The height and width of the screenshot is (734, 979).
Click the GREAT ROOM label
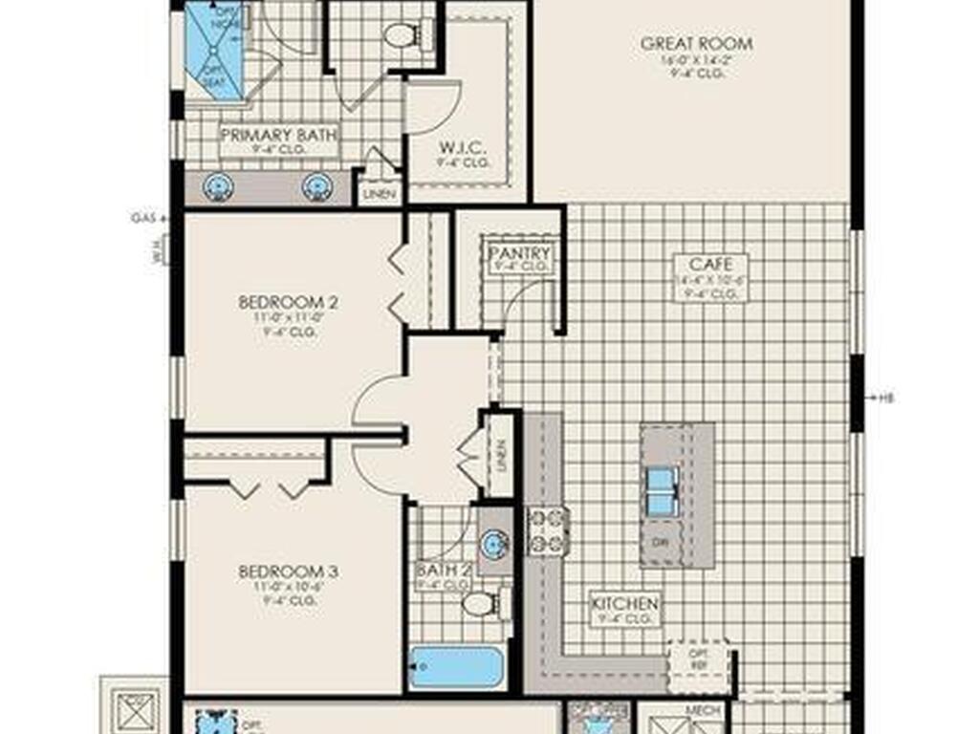tap(696, 43)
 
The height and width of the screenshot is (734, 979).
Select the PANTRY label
tap(519, 253)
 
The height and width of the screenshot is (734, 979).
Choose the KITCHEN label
tap(624, 604)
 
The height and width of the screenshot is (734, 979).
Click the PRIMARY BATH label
tap(279, 136)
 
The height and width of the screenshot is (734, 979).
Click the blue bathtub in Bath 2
tap(456, 666)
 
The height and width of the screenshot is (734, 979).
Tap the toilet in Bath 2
tap(477, 604)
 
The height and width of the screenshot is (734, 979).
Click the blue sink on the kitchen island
tap(663, 486)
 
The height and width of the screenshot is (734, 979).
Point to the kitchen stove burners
tap(548, 531)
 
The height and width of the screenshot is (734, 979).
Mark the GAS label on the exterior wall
tap(141, 218)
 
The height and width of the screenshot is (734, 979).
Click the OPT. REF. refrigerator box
tap(698, 658)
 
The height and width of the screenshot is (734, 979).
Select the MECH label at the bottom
tap(703, 712)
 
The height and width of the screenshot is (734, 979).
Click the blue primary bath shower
tap(214, 50)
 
